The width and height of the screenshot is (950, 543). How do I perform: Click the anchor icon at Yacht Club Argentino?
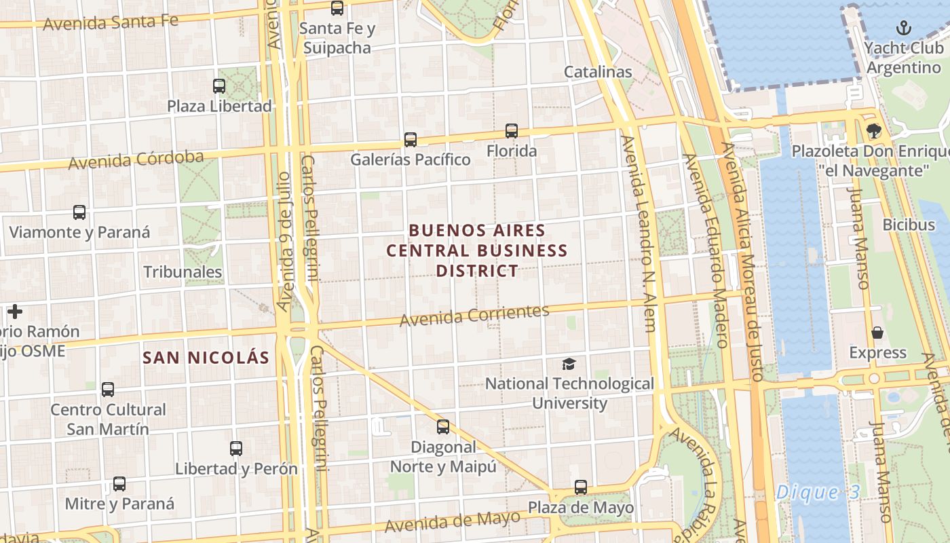(903, 28)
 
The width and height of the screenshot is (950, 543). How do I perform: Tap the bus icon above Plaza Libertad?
(219, 86)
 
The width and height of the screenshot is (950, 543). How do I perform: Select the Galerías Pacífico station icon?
(411, 140)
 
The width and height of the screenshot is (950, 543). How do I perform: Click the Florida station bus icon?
(512, 131)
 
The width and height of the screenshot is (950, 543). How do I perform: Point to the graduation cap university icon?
(569, 364)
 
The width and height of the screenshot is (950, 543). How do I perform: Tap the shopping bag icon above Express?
(877, 333)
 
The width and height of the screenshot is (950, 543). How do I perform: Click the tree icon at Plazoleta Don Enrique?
(873, 131)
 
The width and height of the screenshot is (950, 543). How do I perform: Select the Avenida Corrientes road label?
(474, 315)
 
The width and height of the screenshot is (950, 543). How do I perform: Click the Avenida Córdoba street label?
(136, 160)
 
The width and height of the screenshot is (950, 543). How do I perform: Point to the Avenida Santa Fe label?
(111, 22)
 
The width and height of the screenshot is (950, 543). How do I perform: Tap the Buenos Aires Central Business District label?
(477, 250)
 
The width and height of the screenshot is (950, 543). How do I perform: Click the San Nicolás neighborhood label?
(206, 358)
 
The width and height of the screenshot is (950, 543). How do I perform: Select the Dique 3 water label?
(817, 492)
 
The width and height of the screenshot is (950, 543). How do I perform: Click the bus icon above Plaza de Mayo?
(581, 487)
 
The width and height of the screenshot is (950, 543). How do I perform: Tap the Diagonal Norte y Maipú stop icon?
(443, 427)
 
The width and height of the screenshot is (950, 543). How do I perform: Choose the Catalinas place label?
(598, 72)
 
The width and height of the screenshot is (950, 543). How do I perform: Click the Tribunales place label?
(183, 272)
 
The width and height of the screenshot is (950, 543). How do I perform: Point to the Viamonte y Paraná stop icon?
(79, 212)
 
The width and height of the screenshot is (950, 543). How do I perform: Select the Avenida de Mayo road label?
(452, 521)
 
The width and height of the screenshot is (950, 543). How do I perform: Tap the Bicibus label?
(909, 224)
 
